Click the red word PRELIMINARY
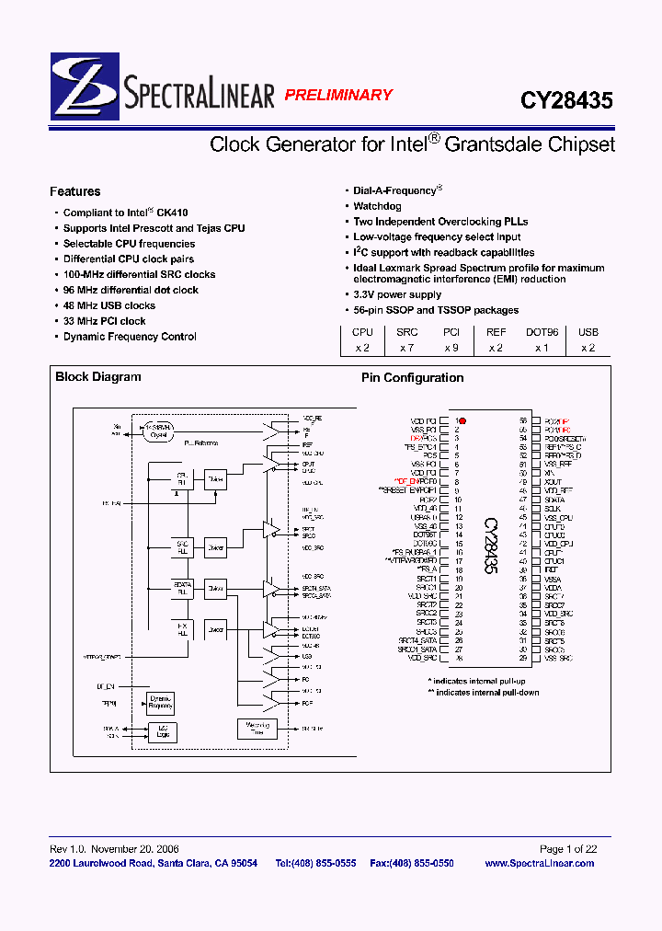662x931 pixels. tap(337, 95)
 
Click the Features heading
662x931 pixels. tap(74, 191)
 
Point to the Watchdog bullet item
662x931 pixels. tap(378, 206)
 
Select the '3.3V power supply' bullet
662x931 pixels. tap(397, 294)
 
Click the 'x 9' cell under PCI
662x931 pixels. tap(451, 348)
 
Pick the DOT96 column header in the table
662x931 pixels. tap(542, 332)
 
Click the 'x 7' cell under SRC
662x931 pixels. tap(407, 348)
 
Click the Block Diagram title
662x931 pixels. tap(98, 376)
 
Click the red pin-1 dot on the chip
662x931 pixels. tap(462, 420)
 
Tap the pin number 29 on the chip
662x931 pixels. tap(522, 659)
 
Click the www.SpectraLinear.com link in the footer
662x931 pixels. tap(539, 863)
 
